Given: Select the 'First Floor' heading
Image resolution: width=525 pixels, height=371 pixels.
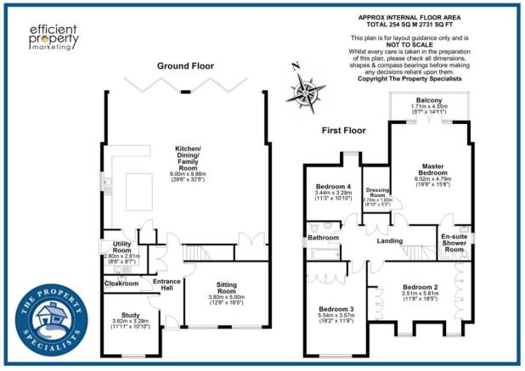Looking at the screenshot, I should click(x=343, y=131).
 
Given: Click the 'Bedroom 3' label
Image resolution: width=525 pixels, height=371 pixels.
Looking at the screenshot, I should click(x=335, y=308).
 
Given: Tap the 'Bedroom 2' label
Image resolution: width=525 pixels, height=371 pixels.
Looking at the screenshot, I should click(x=420, y=288).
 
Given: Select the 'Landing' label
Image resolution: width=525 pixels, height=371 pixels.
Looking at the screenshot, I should click(x=392, y=241).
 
